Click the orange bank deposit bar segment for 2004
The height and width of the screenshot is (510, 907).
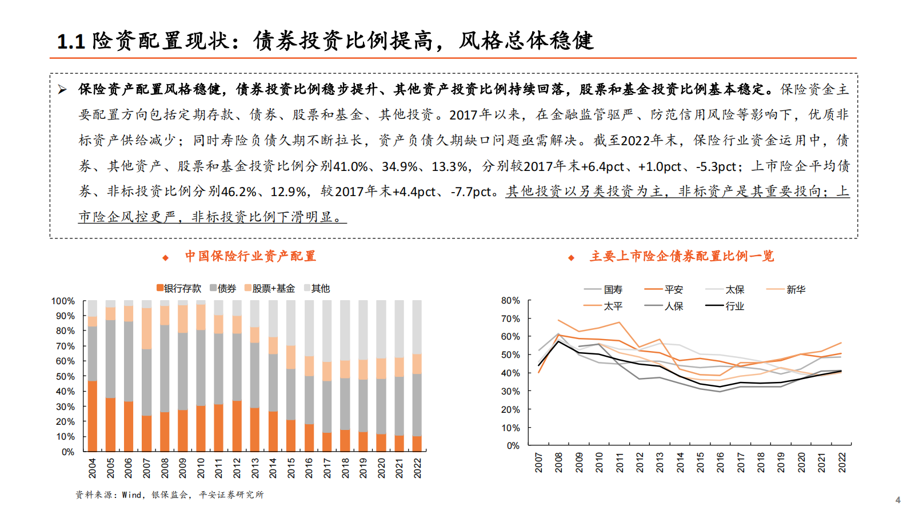pyautogui.click(x=92, y=416)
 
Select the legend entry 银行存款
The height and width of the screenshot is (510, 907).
pyautogui.click(x=179, y=288)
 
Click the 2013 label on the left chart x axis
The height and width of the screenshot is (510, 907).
pyautogui.click(x=255, y=468)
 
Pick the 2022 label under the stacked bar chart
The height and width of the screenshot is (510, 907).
pyautogui.click(x=418, y=468)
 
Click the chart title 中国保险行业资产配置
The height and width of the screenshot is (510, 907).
pyautogui.click(x=250, y=256)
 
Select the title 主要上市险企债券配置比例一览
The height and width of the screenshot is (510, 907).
pyautogui.click(x=682, y=256)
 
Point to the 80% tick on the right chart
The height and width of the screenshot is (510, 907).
pyautogui.click(x=510, y=300)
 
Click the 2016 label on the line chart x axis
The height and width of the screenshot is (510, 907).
pyautogui.click(x=721, y=462)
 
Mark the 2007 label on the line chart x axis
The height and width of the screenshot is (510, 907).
pyautogui.click(x=538, y=462)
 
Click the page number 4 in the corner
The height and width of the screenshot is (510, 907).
pyautogui.click(x=898, y=500)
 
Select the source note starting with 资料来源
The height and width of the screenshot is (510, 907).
pyautogui.click(x=169, y=495)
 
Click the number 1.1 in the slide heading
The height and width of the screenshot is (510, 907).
pyautogui.click(x=71, y=41)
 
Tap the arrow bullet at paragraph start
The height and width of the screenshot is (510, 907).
pyautogui.click(x=62, y=89)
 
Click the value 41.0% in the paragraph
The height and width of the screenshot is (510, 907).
pyautogui.click(x=351, y=166)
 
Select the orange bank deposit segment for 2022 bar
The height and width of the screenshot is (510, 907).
pyautogui.click(x=417, y=444)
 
